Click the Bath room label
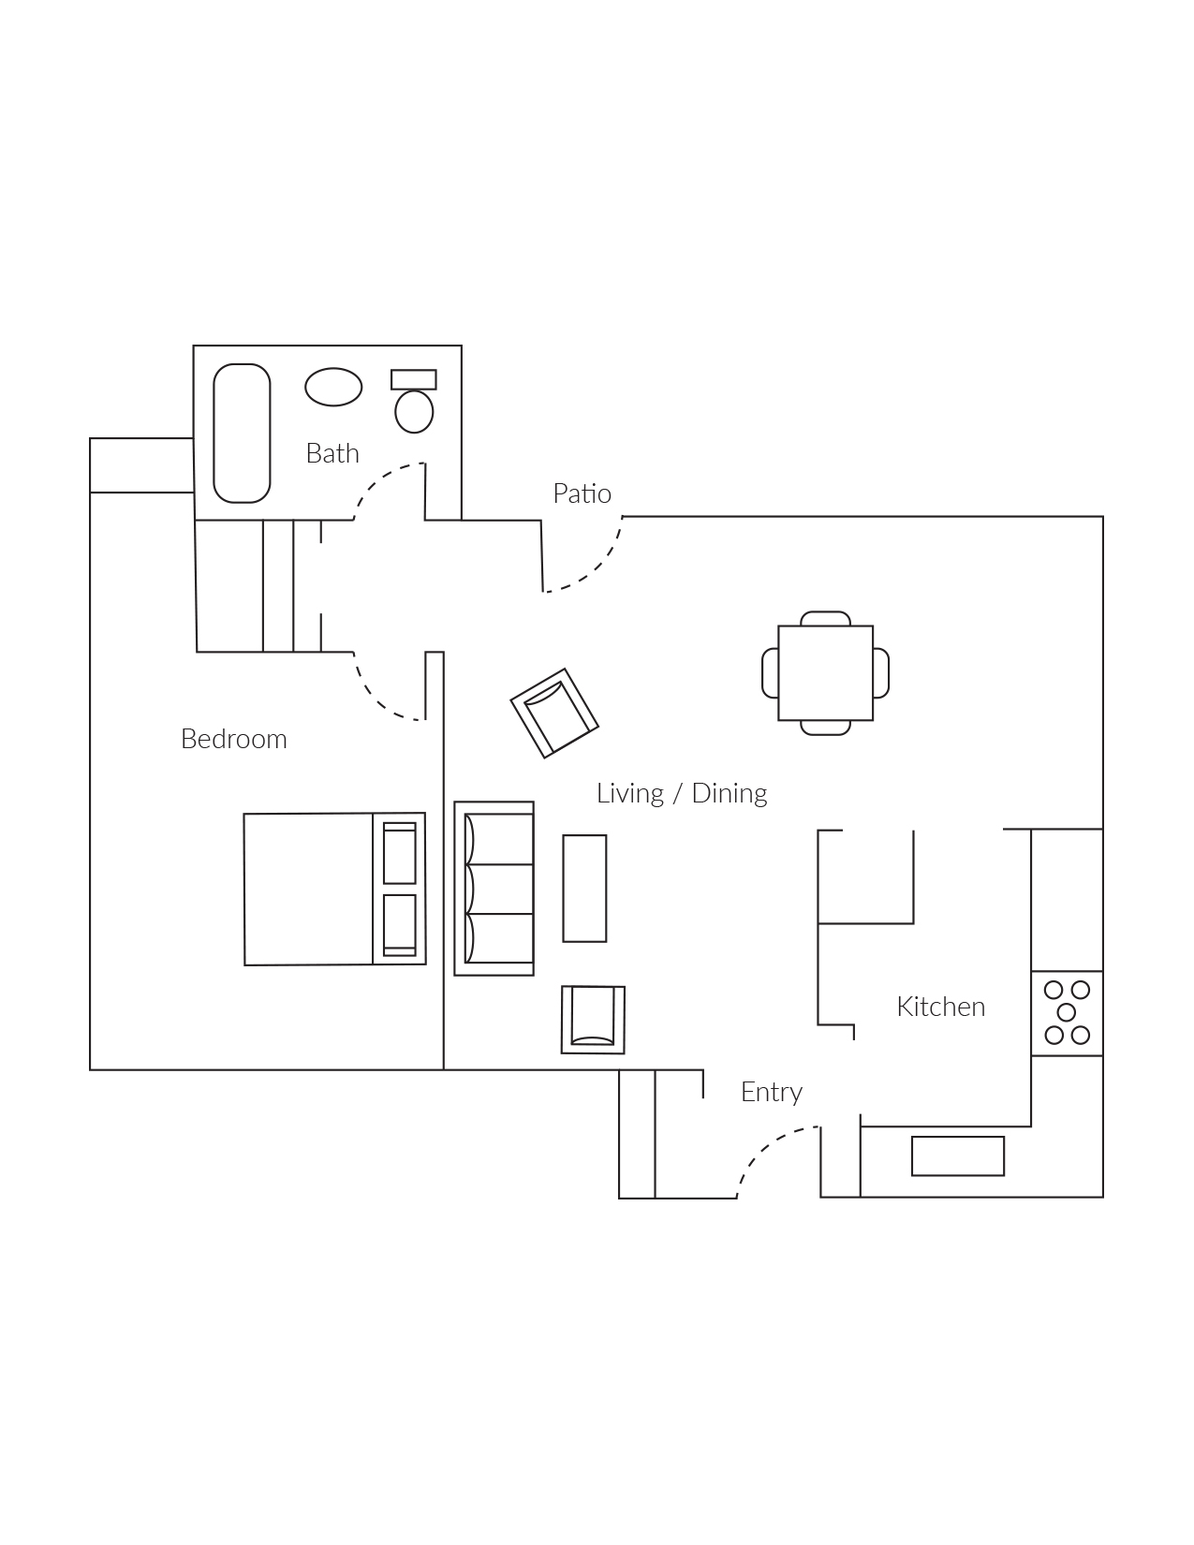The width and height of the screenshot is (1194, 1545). point(332,453)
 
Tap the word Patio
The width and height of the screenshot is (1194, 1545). point(582,493)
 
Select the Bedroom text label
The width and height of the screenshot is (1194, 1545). point(233,739)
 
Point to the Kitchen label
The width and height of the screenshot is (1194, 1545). point(940,1007)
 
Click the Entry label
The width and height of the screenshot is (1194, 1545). point(771,1092)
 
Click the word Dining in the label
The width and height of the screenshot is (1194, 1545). point(729,793)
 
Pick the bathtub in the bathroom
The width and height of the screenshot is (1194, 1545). point(242,434)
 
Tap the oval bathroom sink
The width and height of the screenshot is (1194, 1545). point(333,387)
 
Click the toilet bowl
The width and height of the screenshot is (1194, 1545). point(414,411)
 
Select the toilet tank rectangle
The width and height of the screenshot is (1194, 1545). point(413,379)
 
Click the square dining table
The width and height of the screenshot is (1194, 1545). point(825,673)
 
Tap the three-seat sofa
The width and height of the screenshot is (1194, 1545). point(494,889)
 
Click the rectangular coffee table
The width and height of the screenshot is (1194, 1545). point(584,889)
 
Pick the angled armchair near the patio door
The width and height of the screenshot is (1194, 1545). point(554,713)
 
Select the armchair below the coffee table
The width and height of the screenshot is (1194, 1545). point(593,1019)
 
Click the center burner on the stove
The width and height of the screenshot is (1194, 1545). point(1066,1012)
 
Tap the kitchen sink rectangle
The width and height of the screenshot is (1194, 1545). point(957,1155)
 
